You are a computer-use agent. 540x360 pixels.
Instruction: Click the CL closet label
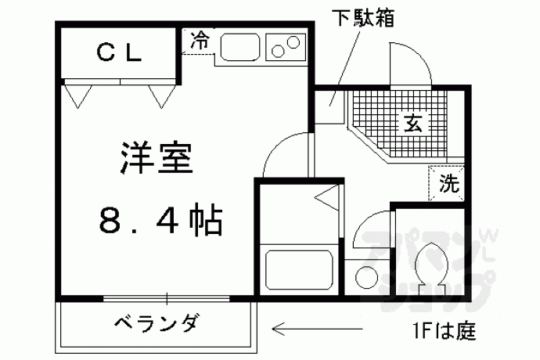(x=119, y=53)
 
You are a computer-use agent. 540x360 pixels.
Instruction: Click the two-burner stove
(x=286, y=48)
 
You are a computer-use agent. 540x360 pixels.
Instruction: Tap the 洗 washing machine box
(x=448, y=185)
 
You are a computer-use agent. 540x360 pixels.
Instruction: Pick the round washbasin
(x=365, y=276)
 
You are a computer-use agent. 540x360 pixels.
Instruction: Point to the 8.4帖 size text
(x=161, y=221)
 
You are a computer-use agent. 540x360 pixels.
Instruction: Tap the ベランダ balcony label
(x=153, y=322)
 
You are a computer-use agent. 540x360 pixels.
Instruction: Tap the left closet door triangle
(x=77, y=95)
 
